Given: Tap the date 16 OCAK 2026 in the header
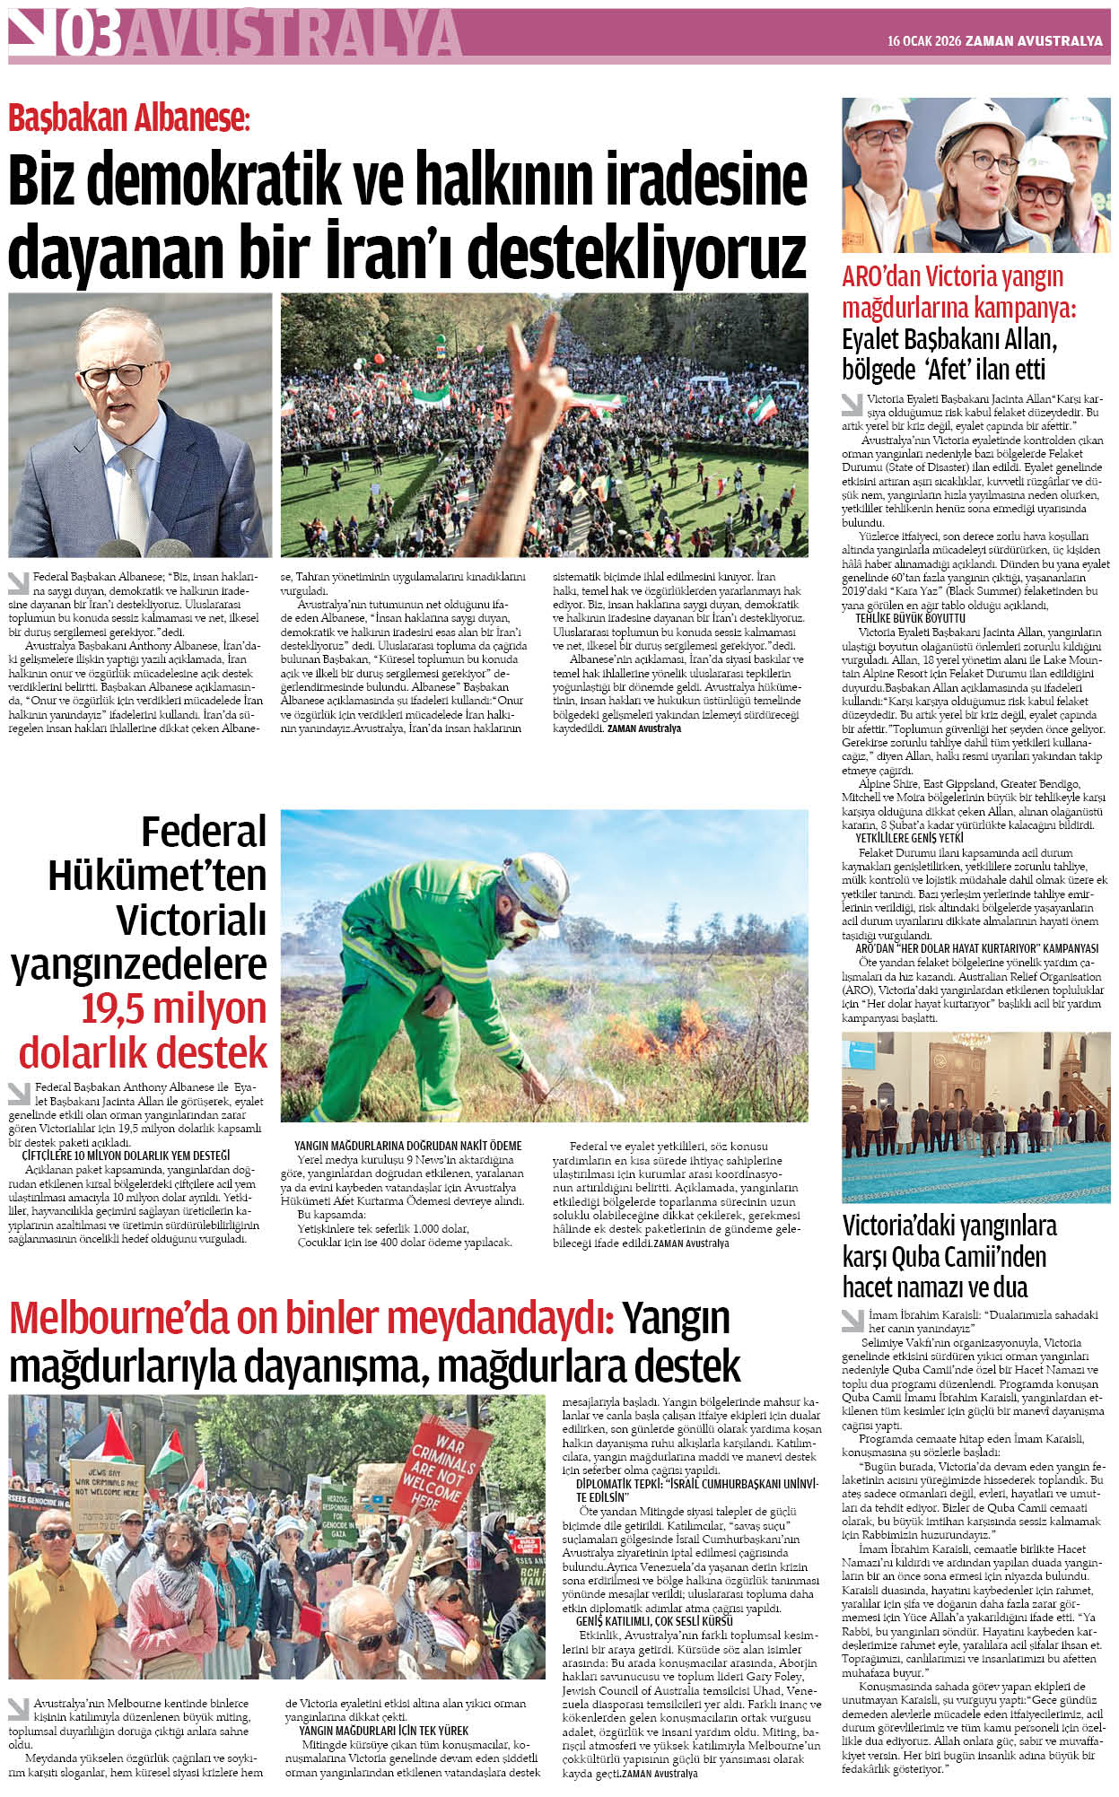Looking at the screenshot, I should pyautogui.click(x=923, y=41).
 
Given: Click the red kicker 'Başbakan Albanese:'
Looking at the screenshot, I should pyautogui.click(x=128, y=118).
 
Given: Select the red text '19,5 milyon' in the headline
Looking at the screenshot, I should pyautogui.click(x=174, y=1008).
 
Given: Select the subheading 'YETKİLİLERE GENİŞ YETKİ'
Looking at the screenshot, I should pyautogui.click(x=909, y=838).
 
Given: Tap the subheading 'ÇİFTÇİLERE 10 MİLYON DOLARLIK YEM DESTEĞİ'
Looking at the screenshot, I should pyautogui.click(x=126, y=1156).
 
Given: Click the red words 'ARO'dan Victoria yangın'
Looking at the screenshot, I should pyautogui.click(x=952, y=276).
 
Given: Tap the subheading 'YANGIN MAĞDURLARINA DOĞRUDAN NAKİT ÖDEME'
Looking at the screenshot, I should pyautogui.click(x=407, y=1146).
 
